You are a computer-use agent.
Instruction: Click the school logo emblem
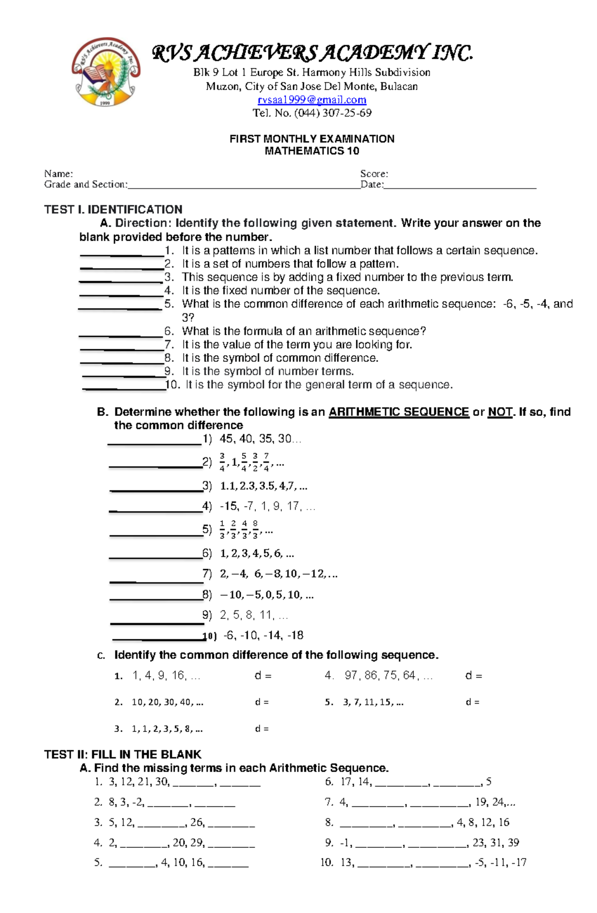(x=105, y=72)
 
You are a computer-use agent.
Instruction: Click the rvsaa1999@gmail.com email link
(x=312, y=100)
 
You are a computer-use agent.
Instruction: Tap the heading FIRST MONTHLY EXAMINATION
(x=312, y=139)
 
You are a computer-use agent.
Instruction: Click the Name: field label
(x=58, y=174)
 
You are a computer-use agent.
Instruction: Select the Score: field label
(x=374, y=174)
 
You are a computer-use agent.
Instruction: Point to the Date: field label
(x=372, y=185)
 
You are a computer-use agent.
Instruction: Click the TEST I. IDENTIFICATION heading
(x=113, y=209)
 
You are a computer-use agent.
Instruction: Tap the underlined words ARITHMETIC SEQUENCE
(x=398, y=412)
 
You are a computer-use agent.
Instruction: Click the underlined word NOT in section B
(x=499, y=412)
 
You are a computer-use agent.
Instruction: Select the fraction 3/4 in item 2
(x=222, y=462)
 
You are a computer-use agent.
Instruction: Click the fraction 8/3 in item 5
(x=255, y=530)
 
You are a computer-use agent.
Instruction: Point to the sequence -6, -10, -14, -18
(x=263, y=635)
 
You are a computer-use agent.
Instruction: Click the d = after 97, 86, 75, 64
(x=473, y=676)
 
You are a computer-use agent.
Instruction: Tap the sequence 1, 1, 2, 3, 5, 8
(x=167, y=729)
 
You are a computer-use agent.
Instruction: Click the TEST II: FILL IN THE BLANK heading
(x=122, y=754)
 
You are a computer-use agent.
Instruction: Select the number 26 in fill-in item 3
(x=197, y=822)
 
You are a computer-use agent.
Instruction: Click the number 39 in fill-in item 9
(x=513, y=843)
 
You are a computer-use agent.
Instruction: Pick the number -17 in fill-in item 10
(x=518, y=863)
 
